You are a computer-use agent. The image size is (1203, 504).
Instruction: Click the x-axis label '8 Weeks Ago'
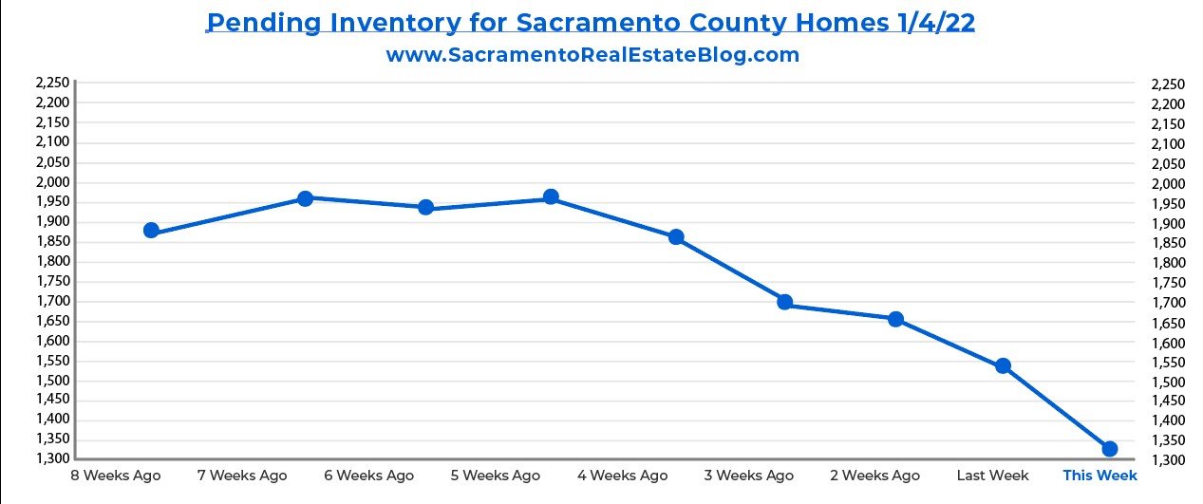pos(115,476)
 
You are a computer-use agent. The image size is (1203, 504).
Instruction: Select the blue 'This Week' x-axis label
pos(1100,476)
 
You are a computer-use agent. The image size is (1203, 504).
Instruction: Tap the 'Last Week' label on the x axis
pos(993,476)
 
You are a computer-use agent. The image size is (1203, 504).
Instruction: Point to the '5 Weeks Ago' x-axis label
pos(495,476)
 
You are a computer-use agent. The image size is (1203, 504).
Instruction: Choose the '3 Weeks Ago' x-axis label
pos(748,476)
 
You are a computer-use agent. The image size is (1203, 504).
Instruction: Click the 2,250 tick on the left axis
pos(53,84)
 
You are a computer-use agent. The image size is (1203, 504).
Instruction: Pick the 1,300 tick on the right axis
pos(1168,460)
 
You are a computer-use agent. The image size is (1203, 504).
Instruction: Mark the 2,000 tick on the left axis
pos(53,182)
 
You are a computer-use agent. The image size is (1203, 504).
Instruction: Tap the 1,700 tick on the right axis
pos(1168,303)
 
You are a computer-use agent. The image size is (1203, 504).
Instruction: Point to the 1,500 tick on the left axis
pos(53,381)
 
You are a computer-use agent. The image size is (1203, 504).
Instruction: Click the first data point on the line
pos(151,231)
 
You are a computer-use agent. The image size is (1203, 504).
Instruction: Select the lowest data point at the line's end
pos(1109,448)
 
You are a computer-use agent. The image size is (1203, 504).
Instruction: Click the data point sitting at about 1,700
pos(785,302)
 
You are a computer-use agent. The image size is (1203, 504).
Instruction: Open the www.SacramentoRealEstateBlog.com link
pos(592,55)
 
